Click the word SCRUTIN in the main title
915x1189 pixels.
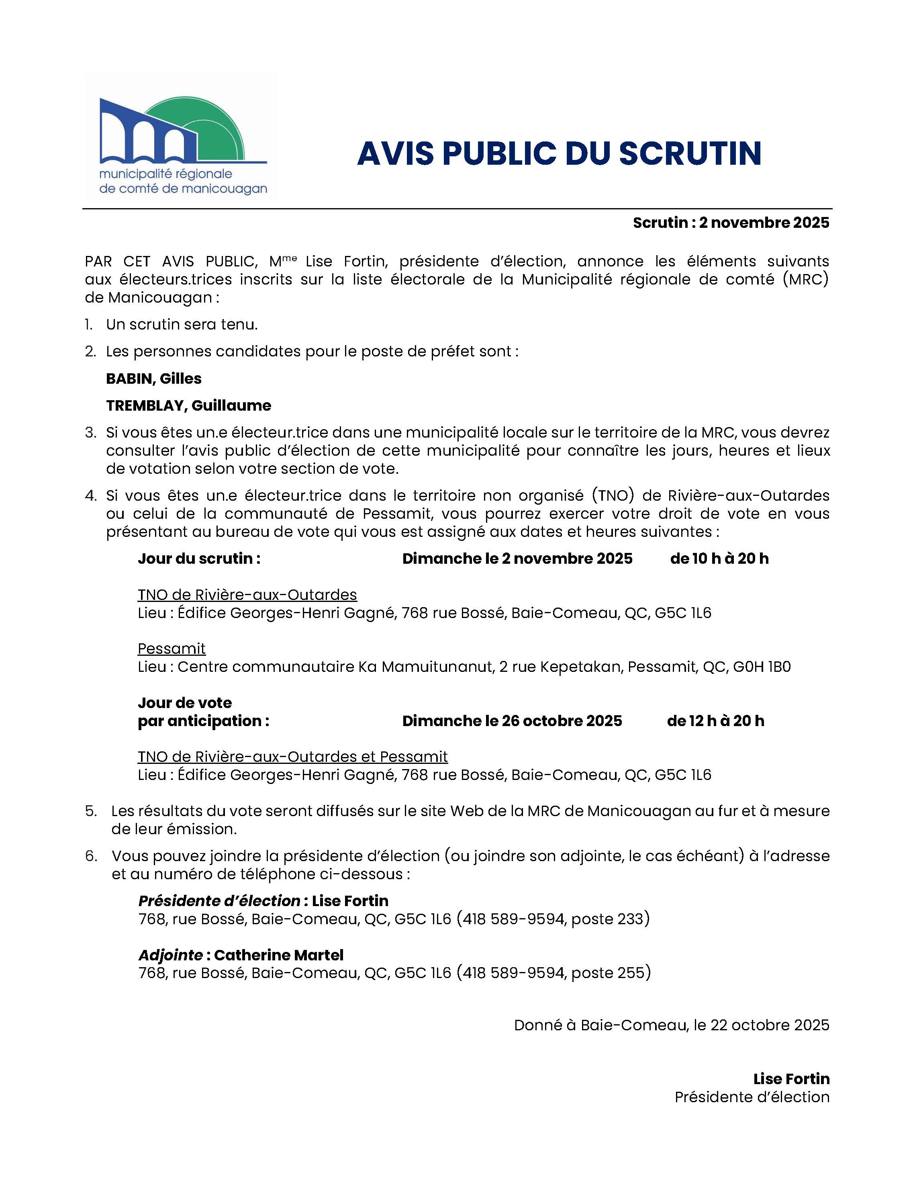click(x=690, y=153)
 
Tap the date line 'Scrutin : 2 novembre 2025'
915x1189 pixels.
click(x=731, y=223)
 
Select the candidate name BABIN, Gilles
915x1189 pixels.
click(x=153, y=379)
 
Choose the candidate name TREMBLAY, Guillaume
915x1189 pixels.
click(x=188, y=405)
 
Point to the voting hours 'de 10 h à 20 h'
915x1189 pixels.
click(x=719, y=559)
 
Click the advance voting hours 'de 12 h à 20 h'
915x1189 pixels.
click(x=715, y=721)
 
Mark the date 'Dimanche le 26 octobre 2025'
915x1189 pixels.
click(x=512, y=721)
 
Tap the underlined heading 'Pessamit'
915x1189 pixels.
click(x=172, y=649)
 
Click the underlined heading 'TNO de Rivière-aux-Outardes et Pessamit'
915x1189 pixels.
click(x=292, y=757)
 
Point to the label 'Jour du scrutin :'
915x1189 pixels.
click(x=199, y=559)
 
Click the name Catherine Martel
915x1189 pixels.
click(x=279, y=955)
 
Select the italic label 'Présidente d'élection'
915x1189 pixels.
click(x=219, y=901)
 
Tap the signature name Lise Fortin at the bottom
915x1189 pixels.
click(x=791, y=1079)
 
